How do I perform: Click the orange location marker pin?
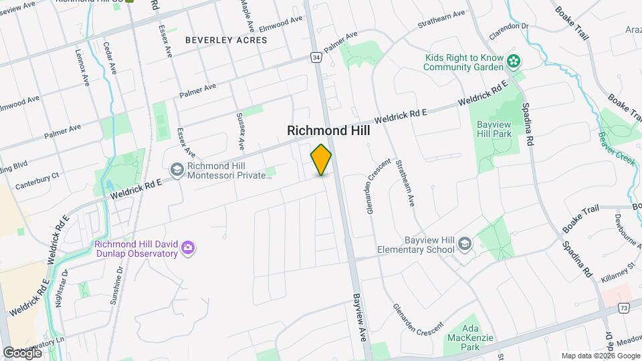point(321,160)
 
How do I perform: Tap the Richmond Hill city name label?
point(328,131)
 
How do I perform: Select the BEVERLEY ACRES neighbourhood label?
point(226,40)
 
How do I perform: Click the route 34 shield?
point(316,58)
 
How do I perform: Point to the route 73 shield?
point(624,308)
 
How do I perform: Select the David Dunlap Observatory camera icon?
point(189,249)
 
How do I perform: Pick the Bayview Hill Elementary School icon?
point(464,245)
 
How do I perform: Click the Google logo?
point(22,352)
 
